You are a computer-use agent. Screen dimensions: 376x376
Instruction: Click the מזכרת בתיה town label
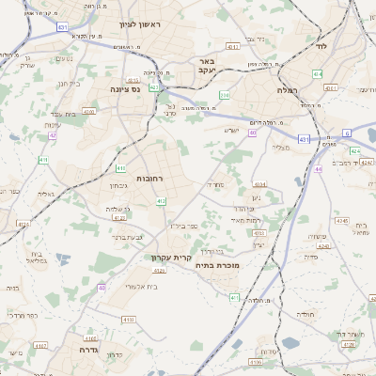click(x=217, y=266)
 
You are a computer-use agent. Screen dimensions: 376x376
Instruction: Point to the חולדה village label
click(x=308, y=313)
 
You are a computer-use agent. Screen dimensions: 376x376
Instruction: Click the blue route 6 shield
click(x=347, y=133)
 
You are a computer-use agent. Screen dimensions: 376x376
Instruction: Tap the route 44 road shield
click(x=319, y=169)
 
